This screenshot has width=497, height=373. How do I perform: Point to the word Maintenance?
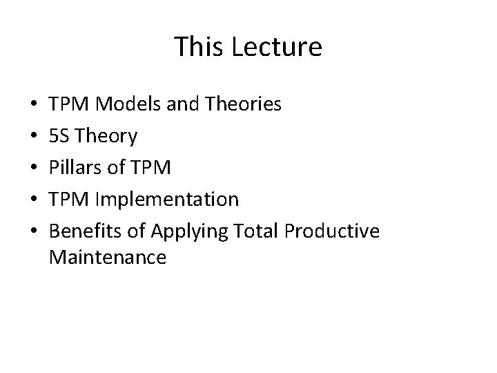click(108, 258)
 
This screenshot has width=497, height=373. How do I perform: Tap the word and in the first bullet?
click(177, 105)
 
